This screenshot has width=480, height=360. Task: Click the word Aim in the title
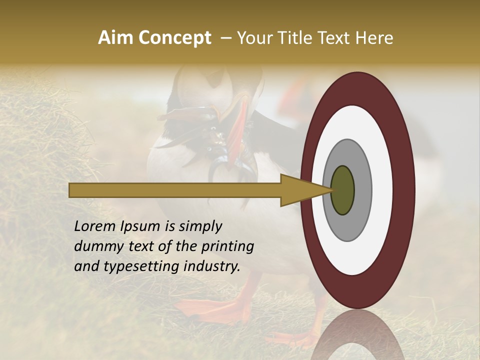115,38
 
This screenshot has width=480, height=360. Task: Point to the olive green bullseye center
343,190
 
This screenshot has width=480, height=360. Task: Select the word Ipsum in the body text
143,227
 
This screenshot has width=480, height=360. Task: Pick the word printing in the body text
227,247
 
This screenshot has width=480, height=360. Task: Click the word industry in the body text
212,266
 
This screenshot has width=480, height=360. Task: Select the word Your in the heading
254,38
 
